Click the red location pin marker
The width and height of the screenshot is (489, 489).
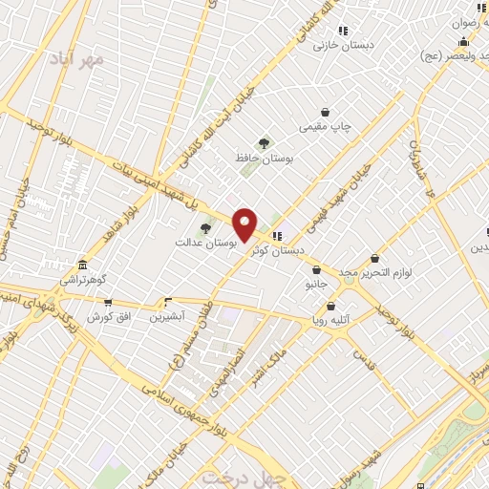pos(245,224)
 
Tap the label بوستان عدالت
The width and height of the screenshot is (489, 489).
pos(205,243)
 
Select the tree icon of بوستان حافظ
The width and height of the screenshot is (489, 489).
pos(263,143)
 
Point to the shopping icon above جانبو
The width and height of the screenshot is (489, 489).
pos(316,270)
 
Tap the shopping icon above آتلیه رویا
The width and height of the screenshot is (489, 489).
pos(330,307)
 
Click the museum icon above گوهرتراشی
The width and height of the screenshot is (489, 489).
pos(84,265)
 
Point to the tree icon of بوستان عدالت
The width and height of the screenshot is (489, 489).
pos(205,227)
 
